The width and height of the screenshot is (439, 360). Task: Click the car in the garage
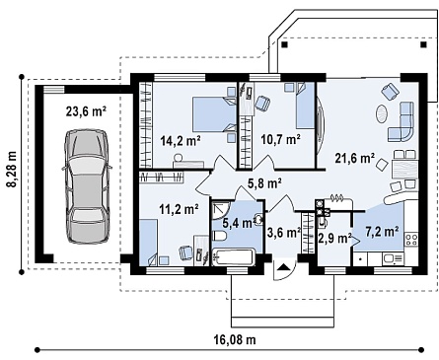[x=87, y=186]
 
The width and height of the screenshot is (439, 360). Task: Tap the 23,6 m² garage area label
[x=86, y=111]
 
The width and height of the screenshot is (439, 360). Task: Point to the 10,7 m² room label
[x=281, y=139]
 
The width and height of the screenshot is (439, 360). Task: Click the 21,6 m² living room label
[x=355, y=158]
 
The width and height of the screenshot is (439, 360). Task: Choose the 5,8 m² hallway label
[x=264, y=183]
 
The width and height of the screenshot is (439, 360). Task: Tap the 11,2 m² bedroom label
[x=179, y=208]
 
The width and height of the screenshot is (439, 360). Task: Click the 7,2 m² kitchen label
[x=383, y=232]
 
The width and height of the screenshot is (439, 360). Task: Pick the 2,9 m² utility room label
[x=335, y=238]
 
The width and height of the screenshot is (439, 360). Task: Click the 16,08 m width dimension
[x=236, y=339]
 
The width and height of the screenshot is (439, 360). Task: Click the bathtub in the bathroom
[x=234, y=257]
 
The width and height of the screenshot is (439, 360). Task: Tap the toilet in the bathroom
[x=219, y=237]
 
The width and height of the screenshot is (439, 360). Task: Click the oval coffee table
[x=382, y=113]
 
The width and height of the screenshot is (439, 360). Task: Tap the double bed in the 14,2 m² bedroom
[x=214, y=113]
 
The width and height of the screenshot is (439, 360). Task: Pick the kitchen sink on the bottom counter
[x=393, y=259]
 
